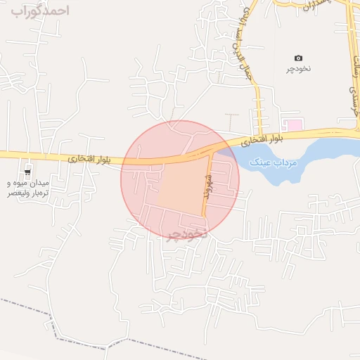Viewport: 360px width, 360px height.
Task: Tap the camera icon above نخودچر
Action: (x=298, y=58)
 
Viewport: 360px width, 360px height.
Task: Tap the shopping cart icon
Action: (x=27, y=171)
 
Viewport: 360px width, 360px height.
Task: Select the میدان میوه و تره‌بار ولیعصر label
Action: (x=30, y=186)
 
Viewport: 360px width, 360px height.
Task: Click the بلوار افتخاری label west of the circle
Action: (x=89, y=160)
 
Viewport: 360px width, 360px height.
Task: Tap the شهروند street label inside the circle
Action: (x=208, y=186)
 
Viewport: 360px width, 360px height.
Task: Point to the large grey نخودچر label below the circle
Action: (x=186, y=234)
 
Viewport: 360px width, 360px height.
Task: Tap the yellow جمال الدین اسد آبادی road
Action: (x=257, y=98)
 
